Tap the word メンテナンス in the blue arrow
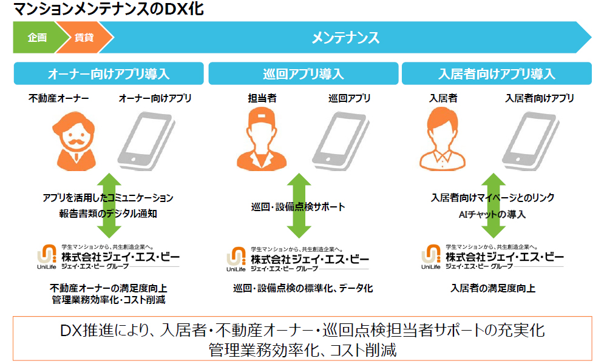345,38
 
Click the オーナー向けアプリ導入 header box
109,73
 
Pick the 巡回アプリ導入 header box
303,73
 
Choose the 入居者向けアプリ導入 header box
497,73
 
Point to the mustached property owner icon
75,141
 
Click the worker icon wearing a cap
261,140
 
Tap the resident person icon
442,140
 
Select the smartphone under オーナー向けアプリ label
146,141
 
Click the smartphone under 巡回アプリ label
341,141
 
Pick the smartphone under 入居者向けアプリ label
531,141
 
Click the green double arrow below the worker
299,206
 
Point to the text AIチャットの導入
492,214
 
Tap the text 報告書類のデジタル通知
108,214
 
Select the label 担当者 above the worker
262,98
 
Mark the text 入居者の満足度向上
493,288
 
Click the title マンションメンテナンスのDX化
109,9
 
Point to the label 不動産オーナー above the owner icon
58,98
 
